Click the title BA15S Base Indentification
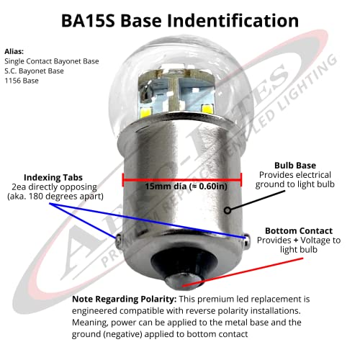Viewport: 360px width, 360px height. click(180, 21)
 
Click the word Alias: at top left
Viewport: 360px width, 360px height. click(14, 51)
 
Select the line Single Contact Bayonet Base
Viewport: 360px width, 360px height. click(52, 61)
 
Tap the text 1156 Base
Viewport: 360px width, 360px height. click(22, 81)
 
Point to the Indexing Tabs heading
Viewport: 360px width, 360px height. click(53, 178)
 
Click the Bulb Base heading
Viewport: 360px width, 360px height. click(295, 166)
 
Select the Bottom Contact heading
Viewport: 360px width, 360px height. click(299, 230)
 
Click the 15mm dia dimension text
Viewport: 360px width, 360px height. click(186, 186)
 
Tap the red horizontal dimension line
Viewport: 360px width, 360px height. click(182, 179)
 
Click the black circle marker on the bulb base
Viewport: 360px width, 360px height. click(228, 210)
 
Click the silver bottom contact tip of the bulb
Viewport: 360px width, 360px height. click(183, 282)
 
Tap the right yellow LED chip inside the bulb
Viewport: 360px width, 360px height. click(207, 109)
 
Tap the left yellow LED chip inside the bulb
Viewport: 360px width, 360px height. click(146, 112)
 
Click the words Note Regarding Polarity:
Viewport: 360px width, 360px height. click(125, 300)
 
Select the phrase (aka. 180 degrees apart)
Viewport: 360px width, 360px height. click(55, 197)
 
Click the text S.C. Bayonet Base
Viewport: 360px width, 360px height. click(34, 71)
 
